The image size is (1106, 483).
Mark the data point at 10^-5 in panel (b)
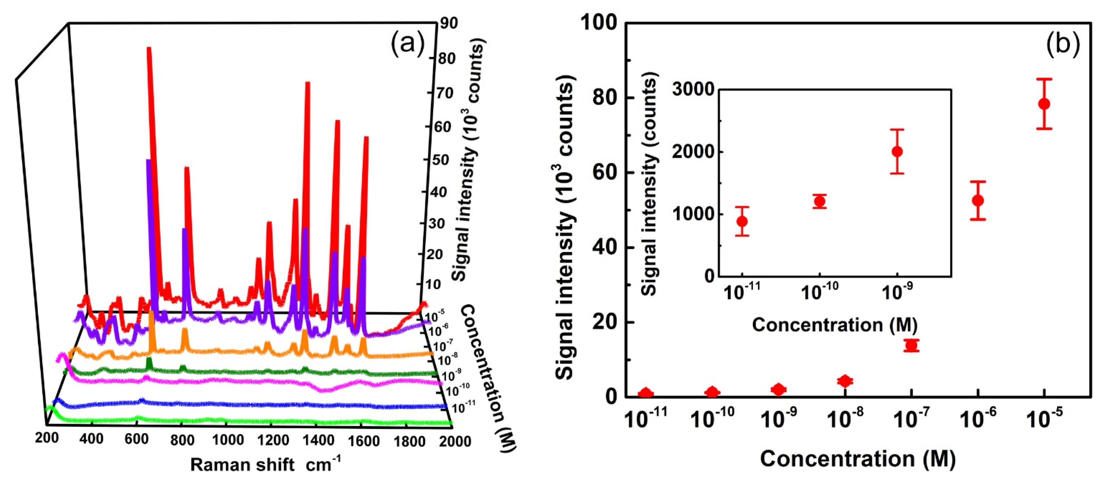tap(1044, 104)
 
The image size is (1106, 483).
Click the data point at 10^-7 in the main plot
tap(911, 345)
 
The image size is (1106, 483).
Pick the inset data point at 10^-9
tap(897, 152)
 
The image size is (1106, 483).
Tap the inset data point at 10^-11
tap(742, 221)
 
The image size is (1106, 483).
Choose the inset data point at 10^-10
tap(820, 201)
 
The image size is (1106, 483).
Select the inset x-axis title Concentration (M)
tap(835, 325)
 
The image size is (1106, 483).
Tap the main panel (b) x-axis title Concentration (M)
tap(858, 459)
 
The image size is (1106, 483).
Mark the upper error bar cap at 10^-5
tap(1044, 79)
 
